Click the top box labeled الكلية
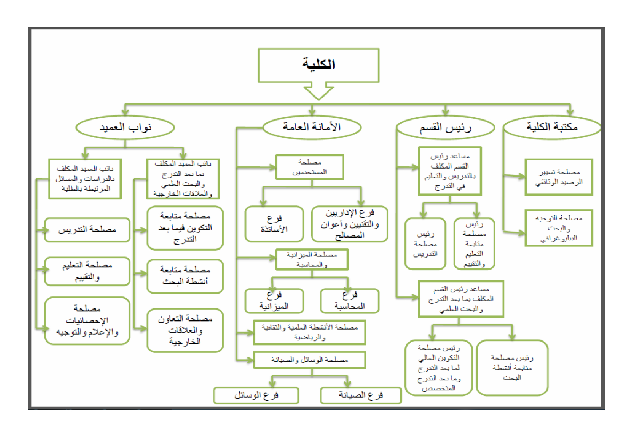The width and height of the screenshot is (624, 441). [x=318, y=65]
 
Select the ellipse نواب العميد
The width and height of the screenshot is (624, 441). [x=125, y=128]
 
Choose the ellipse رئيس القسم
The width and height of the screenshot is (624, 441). [x=445, y=128]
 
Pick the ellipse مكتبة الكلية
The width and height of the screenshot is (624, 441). [x=552, y=127]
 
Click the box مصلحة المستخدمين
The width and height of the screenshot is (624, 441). [x=309, y=167]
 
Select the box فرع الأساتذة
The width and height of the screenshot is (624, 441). [x=274, y=224]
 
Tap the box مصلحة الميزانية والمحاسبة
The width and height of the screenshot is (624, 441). [x=312, y=260]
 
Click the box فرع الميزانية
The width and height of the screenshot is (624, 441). [x=274, y=301]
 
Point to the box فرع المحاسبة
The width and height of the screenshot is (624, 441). [x=349, y=301]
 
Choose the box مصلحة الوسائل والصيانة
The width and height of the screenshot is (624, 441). [x=309, y=360]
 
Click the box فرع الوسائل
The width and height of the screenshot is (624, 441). [x=256, y=395]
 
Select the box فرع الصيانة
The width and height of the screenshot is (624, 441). [x=361, y=395]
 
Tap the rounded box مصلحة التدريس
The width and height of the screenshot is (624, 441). [x=87, y=230]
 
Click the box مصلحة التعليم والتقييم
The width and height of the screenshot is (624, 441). [x=87, y=271]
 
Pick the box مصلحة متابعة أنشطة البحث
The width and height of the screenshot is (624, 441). [x=185, y=276]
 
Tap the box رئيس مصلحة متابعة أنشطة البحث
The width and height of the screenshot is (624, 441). [x=512, y=368]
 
